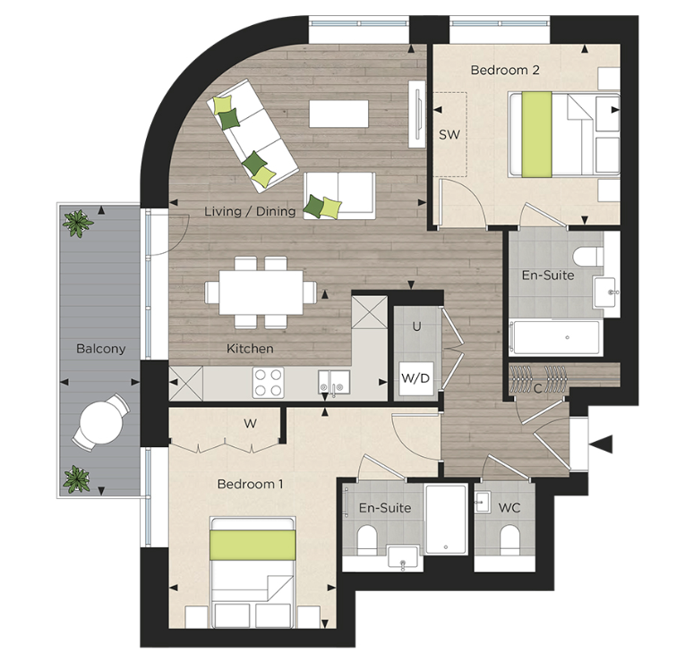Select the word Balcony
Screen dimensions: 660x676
tap(100, 349)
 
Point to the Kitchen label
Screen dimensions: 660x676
tap(250, 348)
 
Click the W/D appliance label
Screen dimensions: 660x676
tap(415, 378)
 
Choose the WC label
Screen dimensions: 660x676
tap(509, 507)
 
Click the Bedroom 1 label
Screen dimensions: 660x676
tap(250, 484)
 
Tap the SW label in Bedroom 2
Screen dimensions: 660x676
tap(449, 135)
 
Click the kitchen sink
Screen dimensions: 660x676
tap(333, 382)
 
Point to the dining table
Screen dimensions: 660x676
tap(261, 292)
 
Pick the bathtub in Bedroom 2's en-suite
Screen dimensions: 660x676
tap(555, 337)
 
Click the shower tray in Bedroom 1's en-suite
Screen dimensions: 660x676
tap(445, 519)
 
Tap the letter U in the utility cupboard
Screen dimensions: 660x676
tap(416, 327)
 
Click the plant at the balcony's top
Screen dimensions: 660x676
tap(79, 222)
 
